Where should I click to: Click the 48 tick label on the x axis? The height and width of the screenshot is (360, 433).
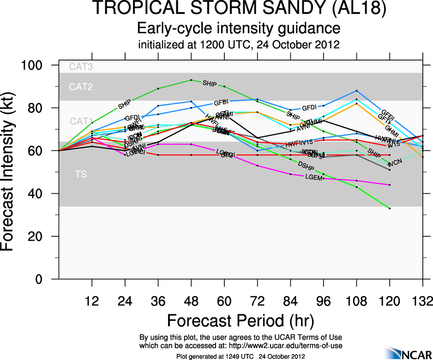tap(191, 302)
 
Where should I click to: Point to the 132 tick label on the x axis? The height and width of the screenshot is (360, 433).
tap(422, 302)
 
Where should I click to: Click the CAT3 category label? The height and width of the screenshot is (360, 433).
tap(81, 67)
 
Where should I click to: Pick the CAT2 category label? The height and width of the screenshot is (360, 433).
tap(81, 87)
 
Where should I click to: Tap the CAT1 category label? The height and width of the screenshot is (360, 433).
tap(81, 121)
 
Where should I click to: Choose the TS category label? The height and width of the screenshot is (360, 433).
tap(81, 174)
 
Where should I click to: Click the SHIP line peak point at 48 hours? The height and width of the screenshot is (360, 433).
tap(191, 80)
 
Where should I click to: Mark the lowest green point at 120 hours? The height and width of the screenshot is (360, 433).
tap(390, 208)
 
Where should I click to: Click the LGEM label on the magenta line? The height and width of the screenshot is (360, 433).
tap(313, 177)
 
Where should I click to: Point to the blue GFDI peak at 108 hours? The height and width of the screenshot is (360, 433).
tap(356, 90)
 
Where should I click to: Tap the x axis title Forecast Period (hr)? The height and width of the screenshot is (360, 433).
tap(240, 320)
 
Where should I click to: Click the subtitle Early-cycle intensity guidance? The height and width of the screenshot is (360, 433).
tap(239, 29)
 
